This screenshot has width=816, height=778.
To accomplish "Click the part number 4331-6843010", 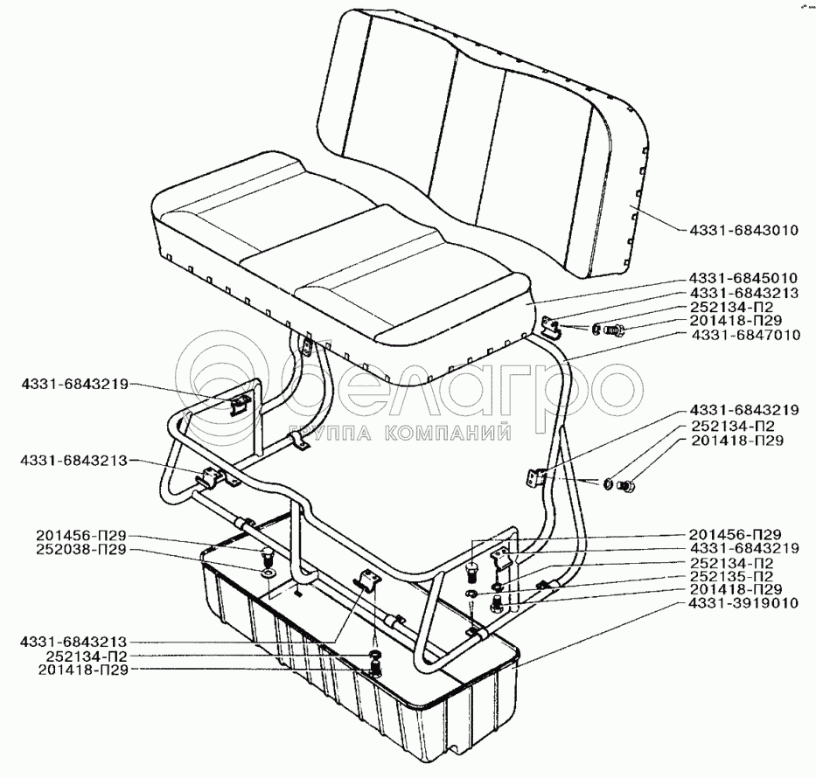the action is point(743,231).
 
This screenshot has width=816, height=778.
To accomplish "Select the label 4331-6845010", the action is point(743,278).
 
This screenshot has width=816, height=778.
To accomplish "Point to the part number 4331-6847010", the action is point(745,334).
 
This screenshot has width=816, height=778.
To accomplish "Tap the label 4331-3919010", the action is point(743,602).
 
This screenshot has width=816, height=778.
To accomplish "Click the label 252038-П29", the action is point(82,549).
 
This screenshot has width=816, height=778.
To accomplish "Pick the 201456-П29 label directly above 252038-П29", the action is point(82,535).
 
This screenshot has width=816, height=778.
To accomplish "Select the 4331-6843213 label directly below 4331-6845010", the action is point(743,292).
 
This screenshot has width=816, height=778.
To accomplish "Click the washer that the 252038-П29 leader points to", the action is point(265,573).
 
